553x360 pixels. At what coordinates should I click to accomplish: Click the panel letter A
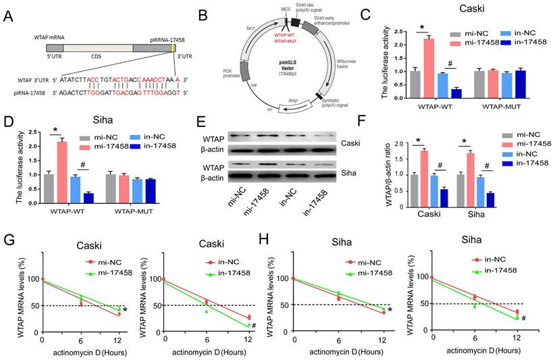10,14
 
